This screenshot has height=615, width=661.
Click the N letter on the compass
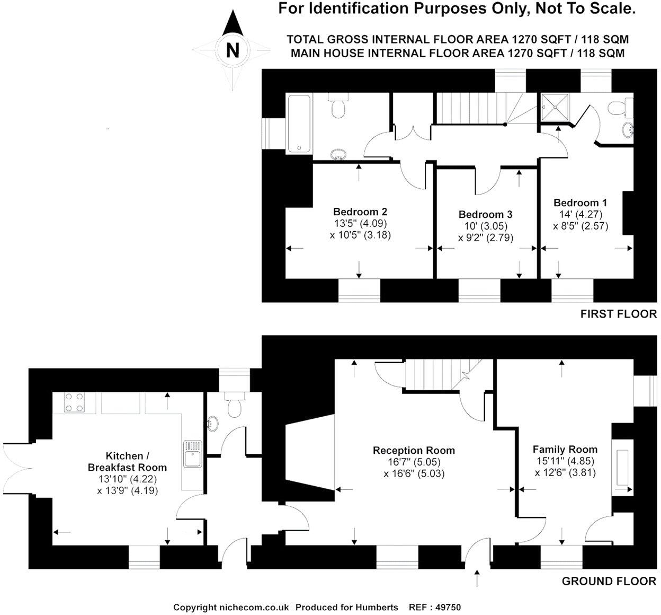(233, 50)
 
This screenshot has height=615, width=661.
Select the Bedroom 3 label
(485, 215)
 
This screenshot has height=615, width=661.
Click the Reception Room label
(414, 451)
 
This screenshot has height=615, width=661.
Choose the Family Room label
(565, 449)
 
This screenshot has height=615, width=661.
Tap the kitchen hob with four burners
(75, 402)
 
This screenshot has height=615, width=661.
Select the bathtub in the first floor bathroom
(299, 124)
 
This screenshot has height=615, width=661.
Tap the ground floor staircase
(430, 374)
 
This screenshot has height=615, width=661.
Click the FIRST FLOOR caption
(618, 314)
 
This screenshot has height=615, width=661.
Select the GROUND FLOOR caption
(609, 581)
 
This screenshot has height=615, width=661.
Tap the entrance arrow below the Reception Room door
(477, 578)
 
